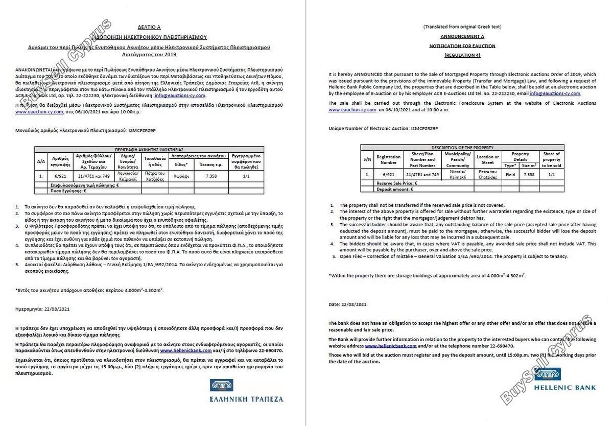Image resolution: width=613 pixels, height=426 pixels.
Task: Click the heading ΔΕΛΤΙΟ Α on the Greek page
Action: tap(149, 27)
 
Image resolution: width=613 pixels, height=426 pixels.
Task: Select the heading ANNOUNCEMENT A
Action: tap(462, 36)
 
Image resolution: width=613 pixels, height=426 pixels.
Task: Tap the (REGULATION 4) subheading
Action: tap(462, 55)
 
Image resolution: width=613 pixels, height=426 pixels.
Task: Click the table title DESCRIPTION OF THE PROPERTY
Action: tap(462, 147)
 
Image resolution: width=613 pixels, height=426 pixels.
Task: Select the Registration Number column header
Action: tap(388, 159)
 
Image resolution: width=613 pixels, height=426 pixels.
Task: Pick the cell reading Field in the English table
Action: tap(510, 174)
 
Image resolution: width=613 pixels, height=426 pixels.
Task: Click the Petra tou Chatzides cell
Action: tap(488, 174)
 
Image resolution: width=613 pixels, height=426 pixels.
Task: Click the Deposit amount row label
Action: tap(394, 189)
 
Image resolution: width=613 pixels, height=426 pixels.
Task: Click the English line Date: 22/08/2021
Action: tap(347, 304)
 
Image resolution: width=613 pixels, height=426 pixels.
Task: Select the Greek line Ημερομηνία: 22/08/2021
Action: tap(43, 309)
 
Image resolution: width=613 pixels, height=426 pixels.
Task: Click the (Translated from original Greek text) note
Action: tap(462, 27)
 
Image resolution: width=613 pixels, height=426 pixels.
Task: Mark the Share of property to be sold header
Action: tap(551, 159)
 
